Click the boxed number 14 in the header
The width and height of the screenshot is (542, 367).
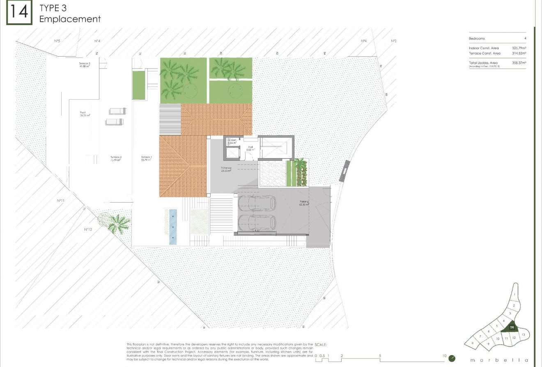[x=18, y=12]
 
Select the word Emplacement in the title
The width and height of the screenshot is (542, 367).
[x=70, y=19]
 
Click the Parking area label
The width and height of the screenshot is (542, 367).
[x=304, y=203]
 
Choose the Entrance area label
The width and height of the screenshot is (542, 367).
[x=225, y=169]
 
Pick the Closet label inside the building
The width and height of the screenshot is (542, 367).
[x=232, y=141]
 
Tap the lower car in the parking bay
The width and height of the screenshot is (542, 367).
[x=257, y=223]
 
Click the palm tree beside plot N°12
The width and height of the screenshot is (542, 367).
[x=119, y=223]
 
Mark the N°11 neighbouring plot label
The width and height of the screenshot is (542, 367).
[x=61, y=201]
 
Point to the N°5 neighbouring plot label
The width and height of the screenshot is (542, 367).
[x=57, y=41]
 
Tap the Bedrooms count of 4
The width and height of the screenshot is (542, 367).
[x=525, y=39]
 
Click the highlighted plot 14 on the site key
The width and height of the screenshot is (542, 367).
[x=512, y=327]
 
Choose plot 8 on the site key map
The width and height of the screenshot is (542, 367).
[x=473, y=343]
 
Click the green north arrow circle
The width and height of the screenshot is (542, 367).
[x=452, y=358]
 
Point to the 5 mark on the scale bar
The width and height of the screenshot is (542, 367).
[x=380, y=356]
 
